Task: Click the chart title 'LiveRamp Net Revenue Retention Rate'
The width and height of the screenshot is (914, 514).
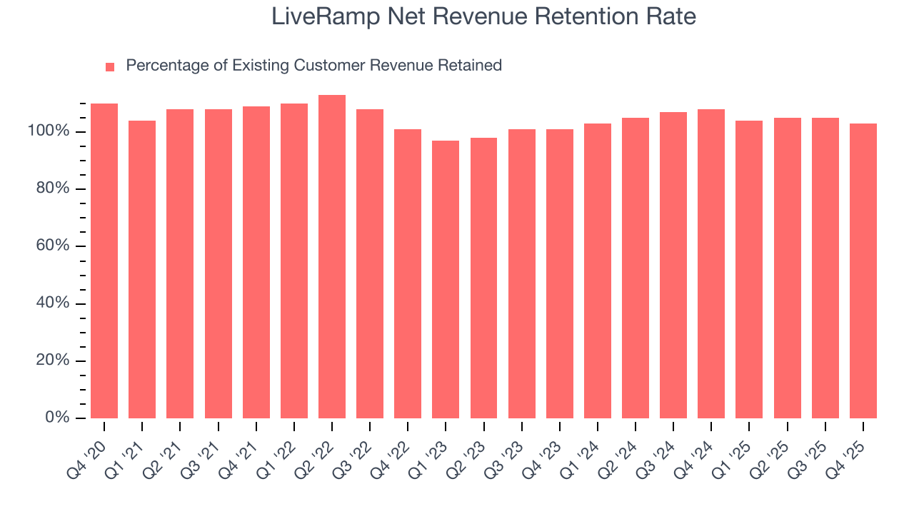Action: click(x=483, y=17)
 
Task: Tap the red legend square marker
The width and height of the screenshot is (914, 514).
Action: click(x=110, y=67)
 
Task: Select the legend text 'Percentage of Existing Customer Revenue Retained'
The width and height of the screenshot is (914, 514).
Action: click(x=313, y=66)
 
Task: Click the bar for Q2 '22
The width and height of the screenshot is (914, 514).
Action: click(x=332, y=257)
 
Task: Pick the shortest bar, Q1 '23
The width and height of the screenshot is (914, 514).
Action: click(x=446, y=280)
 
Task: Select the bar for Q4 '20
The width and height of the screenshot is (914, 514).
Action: click(x=104, y=261)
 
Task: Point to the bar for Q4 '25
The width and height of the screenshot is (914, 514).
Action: click(x=863, y=271)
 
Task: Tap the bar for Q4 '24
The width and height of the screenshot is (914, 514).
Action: click(x=711, y=264)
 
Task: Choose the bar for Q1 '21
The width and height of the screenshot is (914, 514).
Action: click(x=142, y=270)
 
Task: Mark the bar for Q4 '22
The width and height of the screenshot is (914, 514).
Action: click(x=408, y=274)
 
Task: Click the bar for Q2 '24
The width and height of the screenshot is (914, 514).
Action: click(x=636, y=268)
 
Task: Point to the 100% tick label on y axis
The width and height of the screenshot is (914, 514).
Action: click(x=49, y=131)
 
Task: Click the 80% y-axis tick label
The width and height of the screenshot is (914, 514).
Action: click(x=53, y=188)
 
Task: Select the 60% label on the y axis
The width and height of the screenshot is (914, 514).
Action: click(x=53, y=246)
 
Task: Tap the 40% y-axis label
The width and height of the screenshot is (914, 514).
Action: click(x=53, y=303)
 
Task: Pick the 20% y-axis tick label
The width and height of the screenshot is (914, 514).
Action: click(x=53, y=361)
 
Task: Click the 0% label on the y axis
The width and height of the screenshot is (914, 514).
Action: click(x=57, y=418)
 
